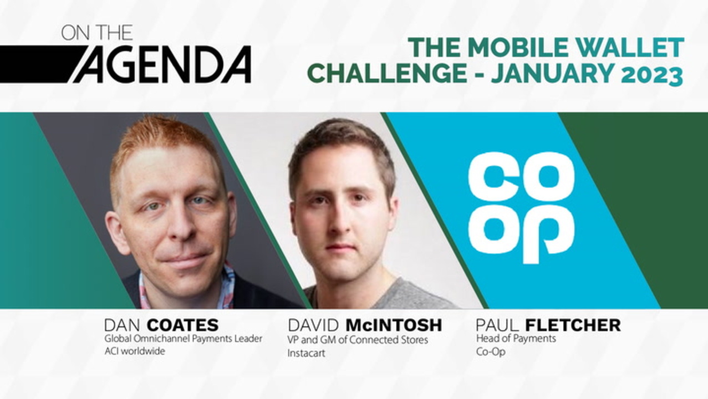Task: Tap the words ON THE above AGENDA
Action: click(96, 33)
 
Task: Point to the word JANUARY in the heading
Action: click(551, 73)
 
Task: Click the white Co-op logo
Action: click(521, 208)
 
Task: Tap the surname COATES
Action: click(182, 325)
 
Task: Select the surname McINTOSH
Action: click(393, 325)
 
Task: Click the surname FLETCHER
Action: click(573, 325)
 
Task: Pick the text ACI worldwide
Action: click(135, 351)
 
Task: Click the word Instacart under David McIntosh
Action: click(306, 353)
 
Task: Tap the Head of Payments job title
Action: click(516, 339)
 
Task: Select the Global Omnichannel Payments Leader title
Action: click(184, 339)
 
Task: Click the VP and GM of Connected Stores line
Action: click(358, 340)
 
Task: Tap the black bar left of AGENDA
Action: click(39, 64)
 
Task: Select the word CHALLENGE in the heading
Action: click(387, 73)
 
